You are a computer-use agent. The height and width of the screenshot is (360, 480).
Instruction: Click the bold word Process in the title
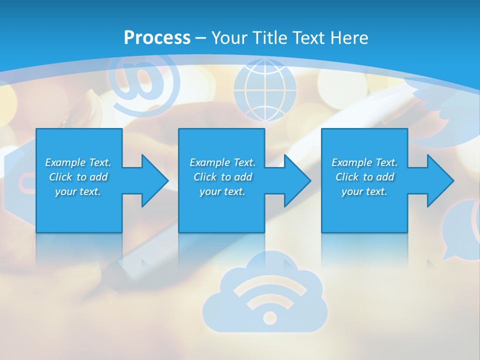(x=157, y=37)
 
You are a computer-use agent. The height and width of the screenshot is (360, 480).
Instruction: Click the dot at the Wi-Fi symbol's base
(x=269, y=317)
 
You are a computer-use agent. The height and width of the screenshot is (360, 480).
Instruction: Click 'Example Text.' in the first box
(x=78, y=162)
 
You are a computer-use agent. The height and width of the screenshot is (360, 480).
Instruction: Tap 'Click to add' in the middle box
(x=222, y=177)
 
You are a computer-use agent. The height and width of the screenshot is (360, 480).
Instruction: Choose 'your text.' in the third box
(x=364, y=191)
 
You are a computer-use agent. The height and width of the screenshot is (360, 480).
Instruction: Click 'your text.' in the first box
(x=78, y=191)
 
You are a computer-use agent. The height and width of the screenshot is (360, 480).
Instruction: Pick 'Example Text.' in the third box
(x=364, y=162)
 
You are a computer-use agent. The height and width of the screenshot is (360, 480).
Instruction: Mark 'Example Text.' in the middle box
(x=222, y=162)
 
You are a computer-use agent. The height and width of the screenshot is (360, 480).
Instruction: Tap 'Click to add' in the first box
(x=78, y=177)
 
